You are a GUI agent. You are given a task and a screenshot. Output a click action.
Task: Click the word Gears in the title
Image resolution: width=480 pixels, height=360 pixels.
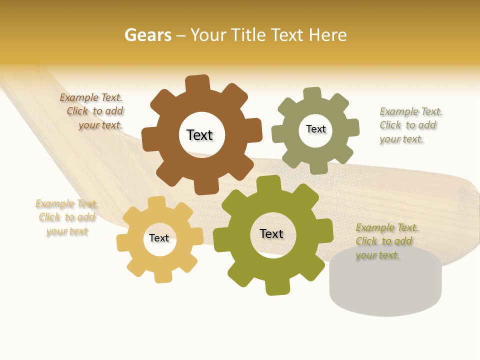point(147,35)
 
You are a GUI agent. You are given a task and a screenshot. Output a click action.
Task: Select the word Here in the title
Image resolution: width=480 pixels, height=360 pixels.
point(328,35)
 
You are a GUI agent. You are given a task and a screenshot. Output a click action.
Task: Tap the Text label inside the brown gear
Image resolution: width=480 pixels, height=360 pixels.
point(199,135)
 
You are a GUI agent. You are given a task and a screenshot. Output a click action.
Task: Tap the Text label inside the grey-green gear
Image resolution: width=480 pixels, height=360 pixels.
point(315,129)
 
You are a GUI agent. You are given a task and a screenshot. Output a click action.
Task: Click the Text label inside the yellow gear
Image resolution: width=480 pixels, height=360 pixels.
point(159,238)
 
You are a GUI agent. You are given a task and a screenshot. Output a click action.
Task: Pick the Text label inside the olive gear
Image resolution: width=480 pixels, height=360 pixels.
point(271,233)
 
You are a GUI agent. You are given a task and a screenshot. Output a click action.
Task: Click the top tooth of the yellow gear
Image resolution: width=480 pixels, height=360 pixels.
point(156,202)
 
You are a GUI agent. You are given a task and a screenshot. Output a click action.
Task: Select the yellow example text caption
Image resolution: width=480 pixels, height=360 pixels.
point(67,217)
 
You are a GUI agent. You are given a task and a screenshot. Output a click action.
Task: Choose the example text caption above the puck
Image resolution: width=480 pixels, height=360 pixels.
point(386,241)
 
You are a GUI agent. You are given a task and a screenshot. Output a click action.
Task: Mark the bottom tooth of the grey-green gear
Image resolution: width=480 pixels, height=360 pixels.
point(318,168)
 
